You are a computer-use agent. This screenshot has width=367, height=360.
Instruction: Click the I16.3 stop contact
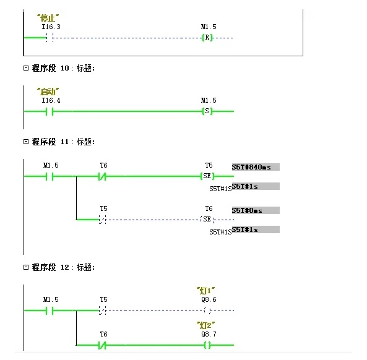(51, 38)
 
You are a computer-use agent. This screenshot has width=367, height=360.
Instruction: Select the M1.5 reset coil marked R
(207, 38)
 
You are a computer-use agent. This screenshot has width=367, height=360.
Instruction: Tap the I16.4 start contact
(51, 111)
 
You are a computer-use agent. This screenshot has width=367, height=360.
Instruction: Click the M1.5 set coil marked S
(207, 111)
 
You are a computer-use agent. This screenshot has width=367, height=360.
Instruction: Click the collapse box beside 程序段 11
(26, 142)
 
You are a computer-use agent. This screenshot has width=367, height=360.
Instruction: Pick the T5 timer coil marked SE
(208, 176)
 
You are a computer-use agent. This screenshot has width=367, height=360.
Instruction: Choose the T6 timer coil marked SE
(208, 219)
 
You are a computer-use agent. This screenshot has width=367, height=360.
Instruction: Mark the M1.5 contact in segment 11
(51, 176)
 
